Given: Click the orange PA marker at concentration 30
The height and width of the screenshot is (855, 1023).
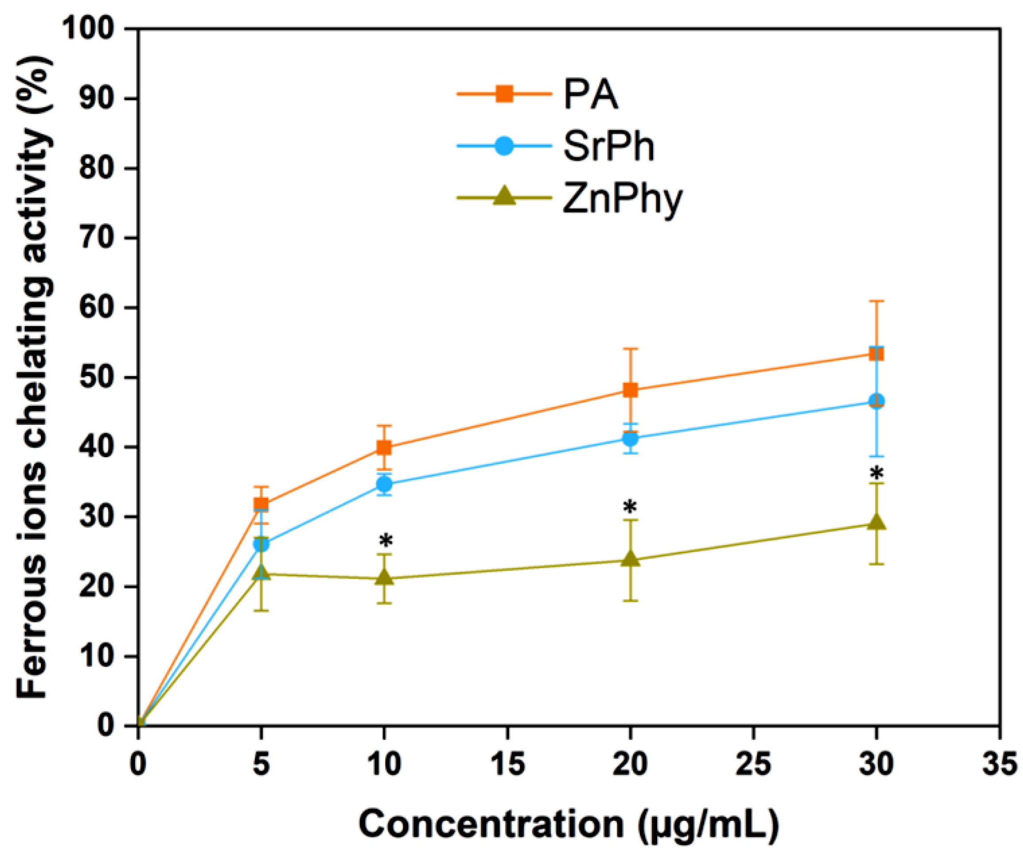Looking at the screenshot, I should coord(876,354).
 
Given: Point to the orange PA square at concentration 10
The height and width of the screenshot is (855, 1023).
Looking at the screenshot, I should coord(384,447).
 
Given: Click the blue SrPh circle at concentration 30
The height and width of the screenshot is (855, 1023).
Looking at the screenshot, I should coord(876,401).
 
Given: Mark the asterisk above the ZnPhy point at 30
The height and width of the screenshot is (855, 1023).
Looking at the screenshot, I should coord(876,473).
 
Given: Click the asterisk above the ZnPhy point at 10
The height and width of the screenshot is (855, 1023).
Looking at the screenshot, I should coord(385,541).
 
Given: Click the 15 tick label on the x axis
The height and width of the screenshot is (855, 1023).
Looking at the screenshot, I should coord(508,765).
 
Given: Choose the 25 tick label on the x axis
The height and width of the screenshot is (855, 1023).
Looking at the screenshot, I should coord(754,765).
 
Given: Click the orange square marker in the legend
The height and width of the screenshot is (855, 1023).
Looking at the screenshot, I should coord(504,93).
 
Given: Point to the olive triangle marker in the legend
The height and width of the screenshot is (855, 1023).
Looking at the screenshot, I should coord(504,197).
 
